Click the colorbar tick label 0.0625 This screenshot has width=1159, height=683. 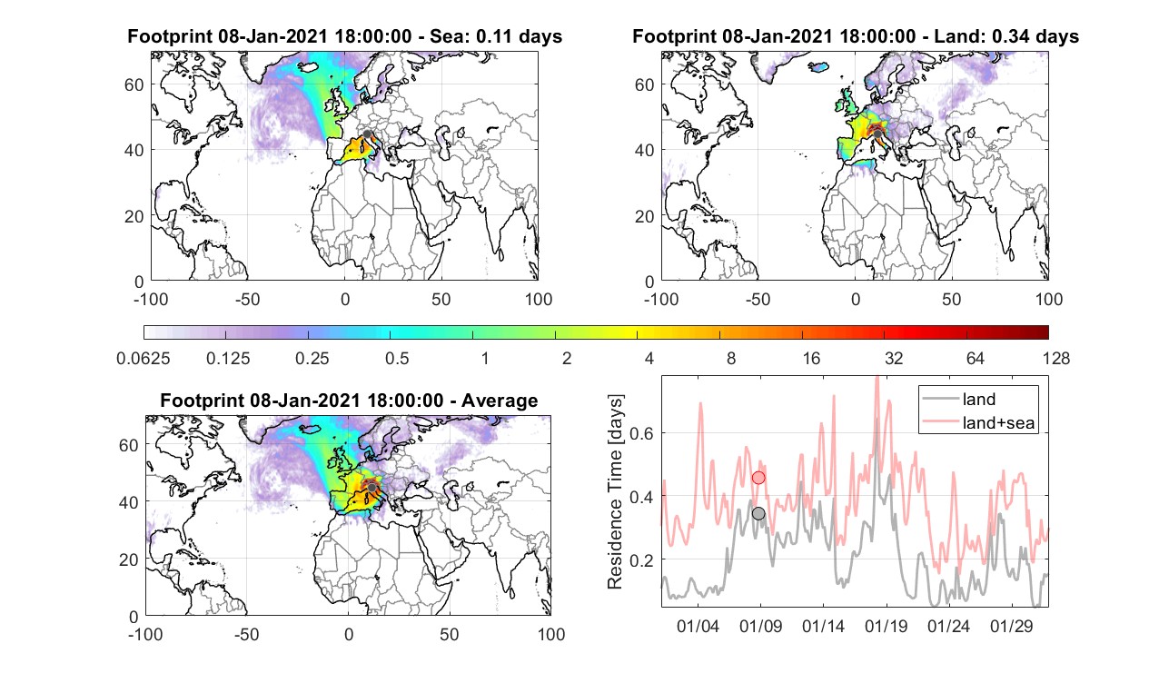(144, 358)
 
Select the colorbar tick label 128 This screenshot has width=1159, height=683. (1056, 358)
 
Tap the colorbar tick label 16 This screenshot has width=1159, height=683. (811, 358)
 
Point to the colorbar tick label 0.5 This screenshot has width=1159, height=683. (397, 358)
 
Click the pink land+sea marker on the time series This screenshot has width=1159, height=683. (758, 478)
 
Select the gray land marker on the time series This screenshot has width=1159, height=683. (758, 513)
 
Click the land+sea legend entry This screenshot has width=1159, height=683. (978, 422)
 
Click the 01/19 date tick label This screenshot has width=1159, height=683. (887, 626)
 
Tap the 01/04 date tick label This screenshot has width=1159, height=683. (698, 626)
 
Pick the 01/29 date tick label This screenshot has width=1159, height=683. (1012, 626)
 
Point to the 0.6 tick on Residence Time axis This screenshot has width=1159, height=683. (641, 433)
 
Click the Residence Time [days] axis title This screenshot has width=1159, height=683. (615, 491)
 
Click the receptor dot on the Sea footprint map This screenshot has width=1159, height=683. (367, 134)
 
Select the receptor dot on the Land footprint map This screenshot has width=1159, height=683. (877, 134)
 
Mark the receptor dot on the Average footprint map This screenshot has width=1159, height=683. (371, 488)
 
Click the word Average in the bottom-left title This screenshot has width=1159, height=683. (500, 401)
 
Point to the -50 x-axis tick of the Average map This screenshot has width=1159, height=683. (246, 634)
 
